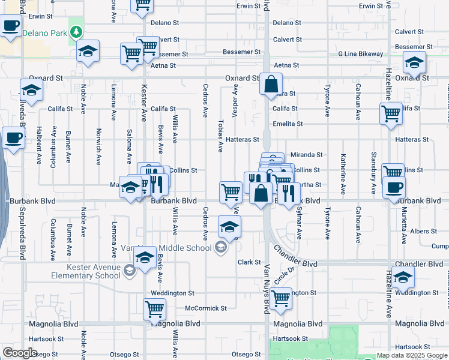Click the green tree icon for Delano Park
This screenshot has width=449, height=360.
(76, 31)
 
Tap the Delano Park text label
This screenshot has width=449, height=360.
(44, 34)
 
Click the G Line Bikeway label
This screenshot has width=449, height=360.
(360, 54)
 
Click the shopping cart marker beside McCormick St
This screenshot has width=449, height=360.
(154, 309)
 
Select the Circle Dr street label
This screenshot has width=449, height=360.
(285, 275)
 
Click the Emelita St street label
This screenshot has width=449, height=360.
(285, 124)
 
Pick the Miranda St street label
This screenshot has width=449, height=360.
(307, 155)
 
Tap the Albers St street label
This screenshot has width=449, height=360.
(424, 231)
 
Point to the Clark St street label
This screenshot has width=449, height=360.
(249, 262)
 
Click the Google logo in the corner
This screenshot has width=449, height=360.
(20, 352)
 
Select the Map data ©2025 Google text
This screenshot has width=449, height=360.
(411, 355)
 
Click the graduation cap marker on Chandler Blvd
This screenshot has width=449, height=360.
(403, 277)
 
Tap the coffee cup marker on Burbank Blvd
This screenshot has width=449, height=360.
(394, 187)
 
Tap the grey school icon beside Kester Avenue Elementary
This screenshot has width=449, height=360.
(129, 272)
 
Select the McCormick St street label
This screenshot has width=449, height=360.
(206, 308)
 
